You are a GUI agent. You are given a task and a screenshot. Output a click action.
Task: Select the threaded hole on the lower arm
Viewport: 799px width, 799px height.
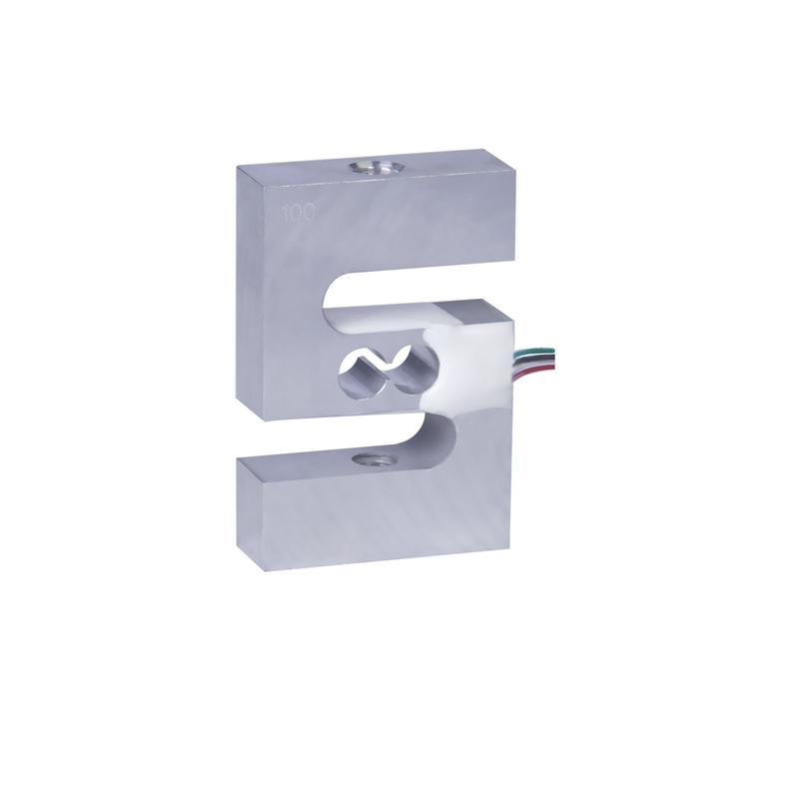click(377, 460)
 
